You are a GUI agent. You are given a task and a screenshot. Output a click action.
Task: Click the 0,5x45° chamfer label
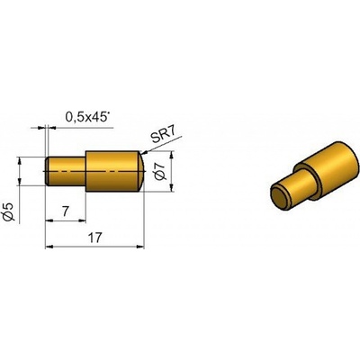click(86, 117)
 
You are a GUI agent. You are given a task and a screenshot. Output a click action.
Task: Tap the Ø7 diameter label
click(161, 171)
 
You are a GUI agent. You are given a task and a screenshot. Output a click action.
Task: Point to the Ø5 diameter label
click(10, 212)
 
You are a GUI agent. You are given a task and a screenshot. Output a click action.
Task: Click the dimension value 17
click(95, 238)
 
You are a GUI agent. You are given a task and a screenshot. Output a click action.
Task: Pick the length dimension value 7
click(66, 211)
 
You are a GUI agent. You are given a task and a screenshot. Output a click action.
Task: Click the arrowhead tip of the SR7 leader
click(141, 154)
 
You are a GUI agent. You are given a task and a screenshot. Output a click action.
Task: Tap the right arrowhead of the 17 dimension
click(140, 247)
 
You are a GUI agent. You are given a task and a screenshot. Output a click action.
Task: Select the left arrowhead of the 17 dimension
click(49, 247)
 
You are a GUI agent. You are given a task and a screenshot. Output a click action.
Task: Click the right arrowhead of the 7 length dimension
click(82, 220)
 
